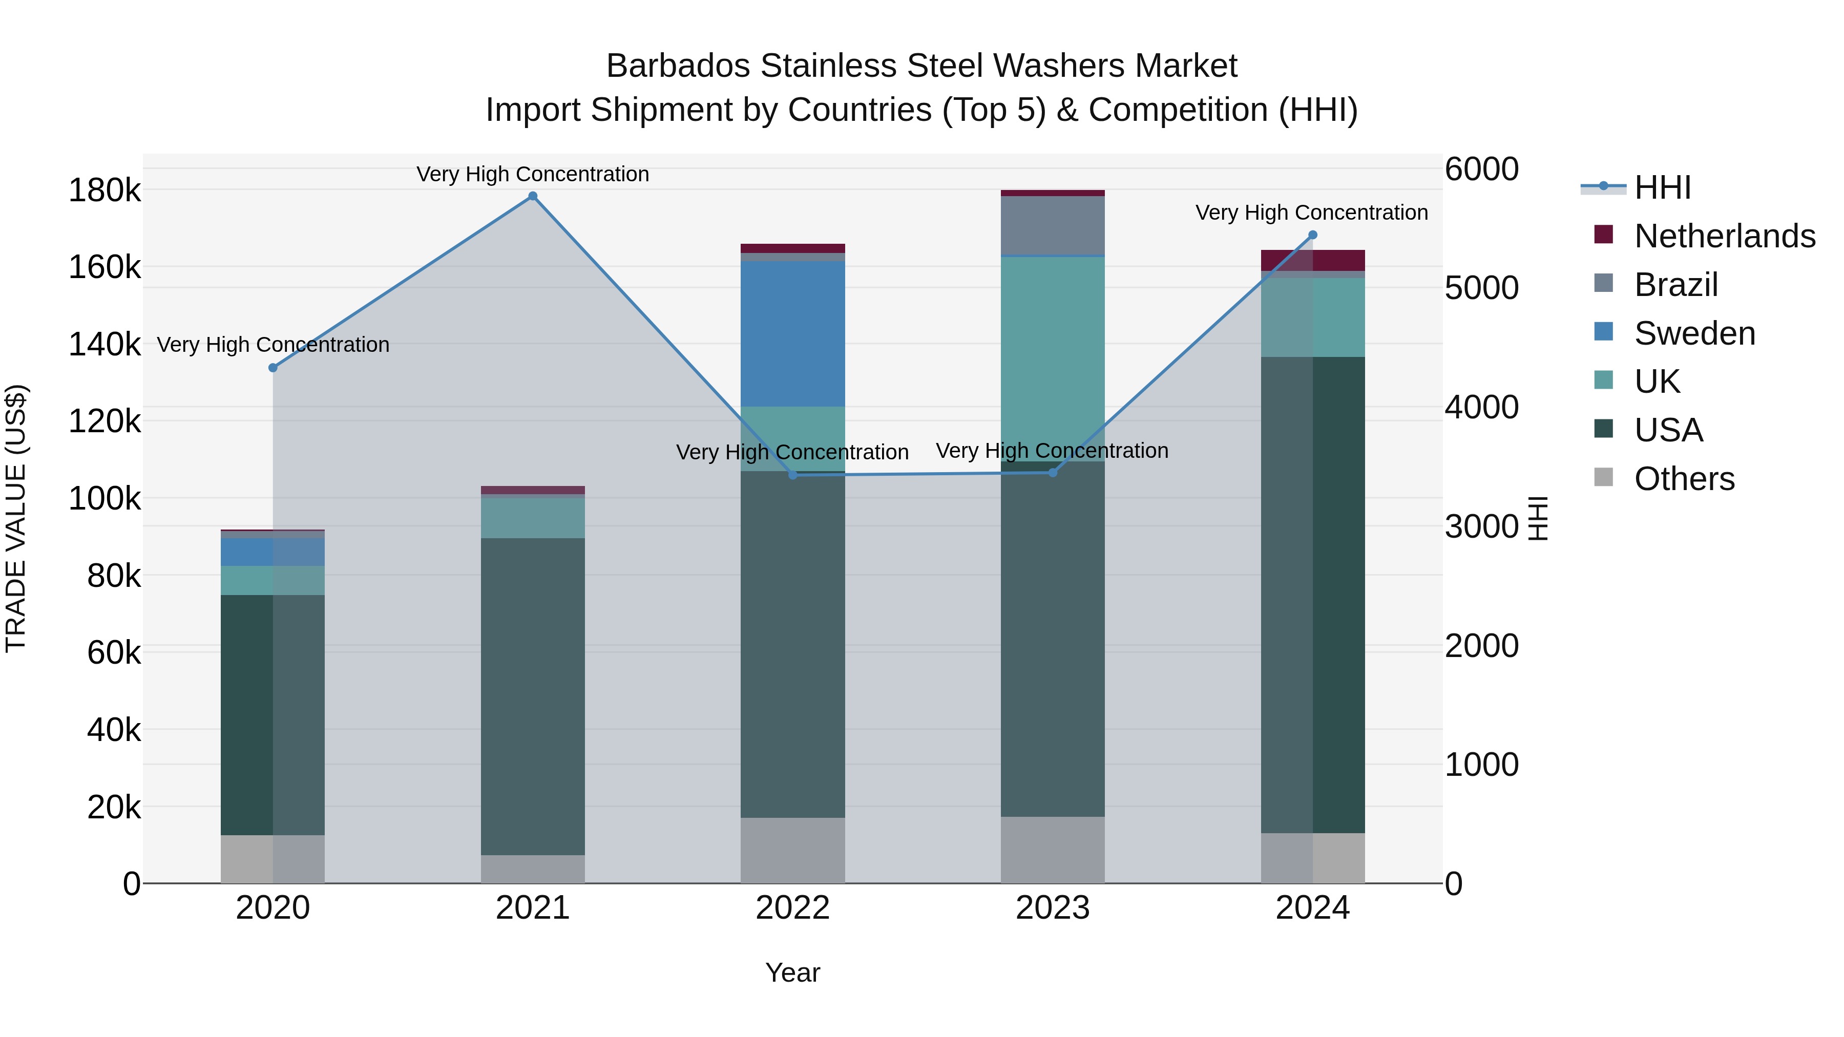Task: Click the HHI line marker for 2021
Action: (533, 196)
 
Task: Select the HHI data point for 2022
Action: (792, 475)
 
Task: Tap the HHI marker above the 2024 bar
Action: (1312, 235)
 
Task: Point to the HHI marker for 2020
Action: (273, 368)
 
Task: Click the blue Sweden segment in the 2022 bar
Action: (792, 333)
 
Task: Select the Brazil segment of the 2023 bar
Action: (1052, 225)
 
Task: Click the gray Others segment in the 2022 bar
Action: (792, 850)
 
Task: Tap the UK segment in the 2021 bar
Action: (533, 517)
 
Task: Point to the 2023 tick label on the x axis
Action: (1052, 908)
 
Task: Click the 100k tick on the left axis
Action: (104, 498)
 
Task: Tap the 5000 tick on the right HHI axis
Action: (1481, 288)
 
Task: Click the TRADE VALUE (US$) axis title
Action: (16, 518)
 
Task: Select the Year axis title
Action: (792, 972)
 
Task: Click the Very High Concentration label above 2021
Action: (533, 174)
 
